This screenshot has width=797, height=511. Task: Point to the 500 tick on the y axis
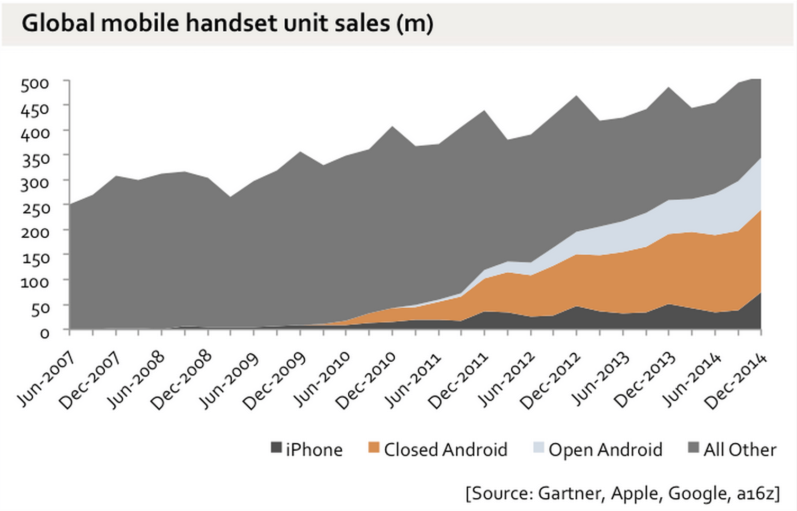(35, 84)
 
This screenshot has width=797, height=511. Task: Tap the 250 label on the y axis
(35, 208)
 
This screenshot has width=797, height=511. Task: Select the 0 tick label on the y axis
(44, 333)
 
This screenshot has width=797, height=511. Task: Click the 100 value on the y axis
(35, 283)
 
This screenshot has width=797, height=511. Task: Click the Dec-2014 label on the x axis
(736, 381)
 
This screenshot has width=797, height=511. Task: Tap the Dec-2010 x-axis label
(366, 381)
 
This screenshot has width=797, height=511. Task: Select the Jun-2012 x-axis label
(505, 380)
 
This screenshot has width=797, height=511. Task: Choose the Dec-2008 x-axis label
(182, 381)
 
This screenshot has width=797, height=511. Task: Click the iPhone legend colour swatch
(276, 447)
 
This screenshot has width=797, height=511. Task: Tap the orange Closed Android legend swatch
(374, 447)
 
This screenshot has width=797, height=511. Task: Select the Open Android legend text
(605, 450)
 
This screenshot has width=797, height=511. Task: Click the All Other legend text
(739, 450)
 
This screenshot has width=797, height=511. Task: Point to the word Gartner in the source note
(569, 493)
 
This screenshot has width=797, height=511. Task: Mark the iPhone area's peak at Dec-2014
(760, 293)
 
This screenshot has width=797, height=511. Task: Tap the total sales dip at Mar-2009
(231, 198)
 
